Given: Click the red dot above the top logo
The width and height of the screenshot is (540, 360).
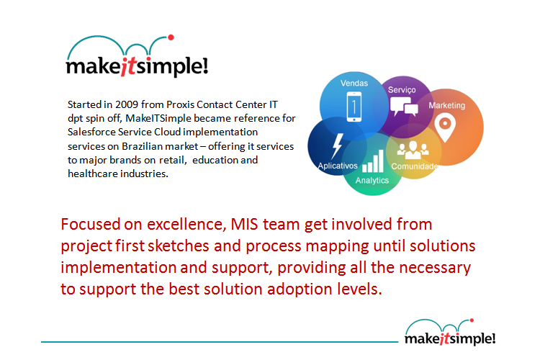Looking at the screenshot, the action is [171, 37].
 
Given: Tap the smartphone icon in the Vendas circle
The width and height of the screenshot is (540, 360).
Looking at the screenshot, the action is [354, 107].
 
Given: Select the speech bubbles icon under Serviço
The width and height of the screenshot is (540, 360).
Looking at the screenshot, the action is [404, 106].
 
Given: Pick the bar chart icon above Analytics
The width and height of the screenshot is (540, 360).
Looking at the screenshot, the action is [373, 161].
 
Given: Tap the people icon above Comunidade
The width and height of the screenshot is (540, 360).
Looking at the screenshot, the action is [413, 150].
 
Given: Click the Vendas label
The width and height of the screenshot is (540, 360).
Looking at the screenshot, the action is [354, 83].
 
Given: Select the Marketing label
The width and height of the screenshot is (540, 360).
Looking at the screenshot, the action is [446, 105].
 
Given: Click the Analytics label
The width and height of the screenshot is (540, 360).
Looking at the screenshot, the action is [372, 180].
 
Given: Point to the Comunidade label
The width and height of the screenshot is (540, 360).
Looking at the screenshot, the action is [414, 166].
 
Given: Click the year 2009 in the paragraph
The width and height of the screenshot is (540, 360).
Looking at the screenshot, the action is [127, 104].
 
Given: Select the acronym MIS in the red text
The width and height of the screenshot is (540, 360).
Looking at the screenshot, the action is [244, 224].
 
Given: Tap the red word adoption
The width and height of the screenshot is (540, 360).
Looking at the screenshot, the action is [300, 289].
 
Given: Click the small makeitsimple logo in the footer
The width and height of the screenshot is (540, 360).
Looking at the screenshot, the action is [450, 332].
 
